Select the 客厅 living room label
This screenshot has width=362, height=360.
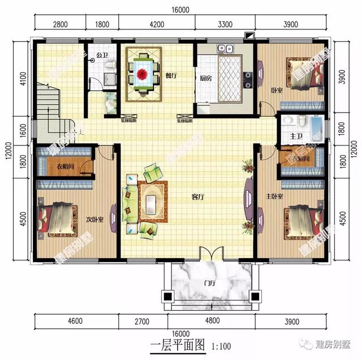click(197, 197)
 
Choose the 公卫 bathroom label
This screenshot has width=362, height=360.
click(102, 55)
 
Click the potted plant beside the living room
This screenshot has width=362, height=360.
click(247, 166)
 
